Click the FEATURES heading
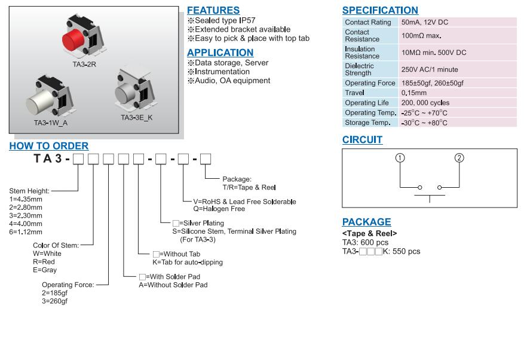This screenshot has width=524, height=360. pyautogui.click(x=213, y=10)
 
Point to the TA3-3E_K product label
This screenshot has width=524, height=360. pyautogui.click(x=137, y=118)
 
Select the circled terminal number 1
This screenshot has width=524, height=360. pyautogui.click(x=400, y=158)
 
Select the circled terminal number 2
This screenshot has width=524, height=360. pyautogui.click(x=459, y=158)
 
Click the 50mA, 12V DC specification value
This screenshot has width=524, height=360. pyautogui.click(x=425, y=22)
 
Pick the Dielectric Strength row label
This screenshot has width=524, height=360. pyautogui.click(x=359, y=69)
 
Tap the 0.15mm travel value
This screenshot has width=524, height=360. pyautogui.click(x=414, y=93)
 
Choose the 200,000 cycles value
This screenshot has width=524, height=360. pyautogui.click(x=426, y=103)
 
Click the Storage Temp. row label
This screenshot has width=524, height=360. pyautogui.click(x=367, y=123)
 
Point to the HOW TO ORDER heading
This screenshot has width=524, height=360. pyautogui.click(x=49, y=146)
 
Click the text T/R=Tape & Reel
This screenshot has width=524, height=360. pyautogui.click(x=249, y=187)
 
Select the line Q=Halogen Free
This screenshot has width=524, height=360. pyautogui.click(x=219, y=209)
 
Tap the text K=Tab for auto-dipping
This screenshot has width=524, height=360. pyautogui.click(x=188, y=262)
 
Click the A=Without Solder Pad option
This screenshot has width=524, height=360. pyautogui.click(x=173, y=285)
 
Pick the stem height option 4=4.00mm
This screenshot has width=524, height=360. pyautogui.click(x=26, y=224)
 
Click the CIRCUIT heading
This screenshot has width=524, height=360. pyautogui.click(x=362, y=140)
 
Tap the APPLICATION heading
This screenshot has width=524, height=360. pyautogui.click(x=220, y=53)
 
